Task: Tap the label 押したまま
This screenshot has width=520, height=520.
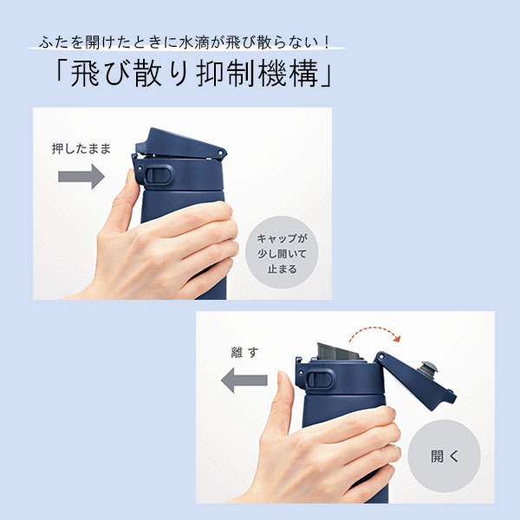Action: click(x=81, y=148)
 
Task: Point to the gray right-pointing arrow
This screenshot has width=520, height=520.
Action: click(x=81, y=177)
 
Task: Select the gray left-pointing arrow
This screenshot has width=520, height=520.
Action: click(x=244, y=379)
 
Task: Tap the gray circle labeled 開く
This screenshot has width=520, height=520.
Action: click(x=445, y=455)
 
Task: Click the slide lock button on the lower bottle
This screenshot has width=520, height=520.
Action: click(x=319, y=379)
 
